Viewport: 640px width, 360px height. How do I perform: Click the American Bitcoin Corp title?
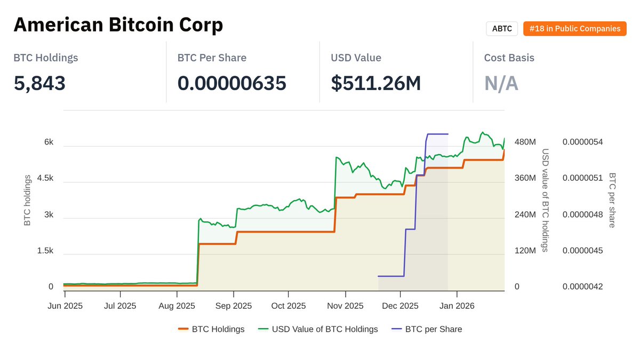(118, 25)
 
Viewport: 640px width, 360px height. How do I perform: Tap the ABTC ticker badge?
(502, 29)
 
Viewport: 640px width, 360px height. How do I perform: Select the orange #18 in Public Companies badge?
(574, 29)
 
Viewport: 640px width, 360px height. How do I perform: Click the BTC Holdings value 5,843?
(39, 83)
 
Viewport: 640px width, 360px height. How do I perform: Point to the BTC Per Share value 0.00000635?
(231, 83)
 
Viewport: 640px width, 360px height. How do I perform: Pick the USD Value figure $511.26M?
(376, 83)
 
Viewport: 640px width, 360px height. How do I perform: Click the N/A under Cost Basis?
(501, 83)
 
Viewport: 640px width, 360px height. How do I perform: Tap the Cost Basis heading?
(509, 58)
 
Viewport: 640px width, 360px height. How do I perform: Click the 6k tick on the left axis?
(49, 142)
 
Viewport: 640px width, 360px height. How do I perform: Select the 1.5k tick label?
(45, 251)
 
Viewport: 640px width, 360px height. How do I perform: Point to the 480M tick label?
(525, 142)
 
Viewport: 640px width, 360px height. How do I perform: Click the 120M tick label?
(525, 251)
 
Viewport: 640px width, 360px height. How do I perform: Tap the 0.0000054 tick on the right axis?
(582, 142)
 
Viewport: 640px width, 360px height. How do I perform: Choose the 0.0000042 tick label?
(582, 287)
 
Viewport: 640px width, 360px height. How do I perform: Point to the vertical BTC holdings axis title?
(28, 200)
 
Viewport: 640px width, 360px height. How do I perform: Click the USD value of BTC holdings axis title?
(545, 200)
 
